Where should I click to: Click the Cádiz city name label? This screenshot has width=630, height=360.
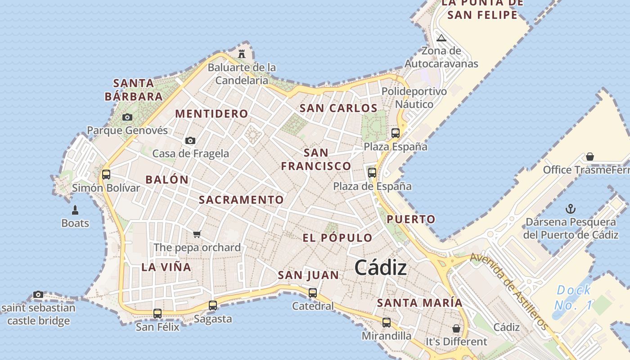(x=381, y=268)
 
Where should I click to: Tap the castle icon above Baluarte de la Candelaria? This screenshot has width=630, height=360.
(x=242, y=54)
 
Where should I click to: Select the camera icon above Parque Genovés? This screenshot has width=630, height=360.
(x=127, y=117)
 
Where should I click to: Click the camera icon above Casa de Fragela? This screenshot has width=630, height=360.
(x=190, y=141)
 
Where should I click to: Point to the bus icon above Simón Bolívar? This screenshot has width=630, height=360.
(x=106, y=174)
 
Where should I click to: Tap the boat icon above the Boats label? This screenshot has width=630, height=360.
(x=75, y=210)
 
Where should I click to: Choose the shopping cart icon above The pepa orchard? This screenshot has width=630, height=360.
(x=197, y=234)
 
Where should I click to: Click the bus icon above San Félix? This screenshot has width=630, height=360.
(x=157, y=313)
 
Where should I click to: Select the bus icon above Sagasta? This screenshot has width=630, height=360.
(x=213, y=305)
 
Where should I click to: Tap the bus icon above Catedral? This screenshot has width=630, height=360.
(x=313, y=292)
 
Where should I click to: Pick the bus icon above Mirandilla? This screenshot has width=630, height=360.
(x=387, y=322)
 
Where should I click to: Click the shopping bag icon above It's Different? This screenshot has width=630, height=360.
(x=456, y=328)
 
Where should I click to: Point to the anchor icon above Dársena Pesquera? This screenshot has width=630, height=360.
(x=571, y=209)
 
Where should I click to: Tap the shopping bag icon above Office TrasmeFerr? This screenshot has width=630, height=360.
(x=589, y=157)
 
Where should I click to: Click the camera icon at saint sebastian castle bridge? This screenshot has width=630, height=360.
(x=38, y=295)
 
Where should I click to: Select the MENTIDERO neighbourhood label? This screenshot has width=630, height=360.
(x=211, y=114)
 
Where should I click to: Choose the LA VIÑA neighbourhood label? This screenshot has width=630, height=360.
(x=166, y=267)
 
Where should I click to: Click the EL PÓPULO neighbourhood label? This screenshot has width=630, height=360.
(x=337, y=238)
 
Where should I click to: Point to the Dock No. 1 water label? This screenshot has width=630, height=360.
(x=573, y=297)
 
